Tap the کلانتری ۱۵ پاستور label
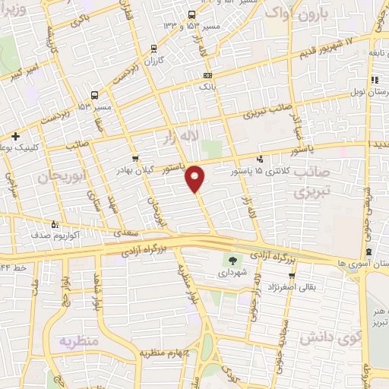click(232, 172)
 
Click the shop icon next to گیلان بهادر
click(135, 160)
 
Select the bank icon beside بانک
click(208, 76)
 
